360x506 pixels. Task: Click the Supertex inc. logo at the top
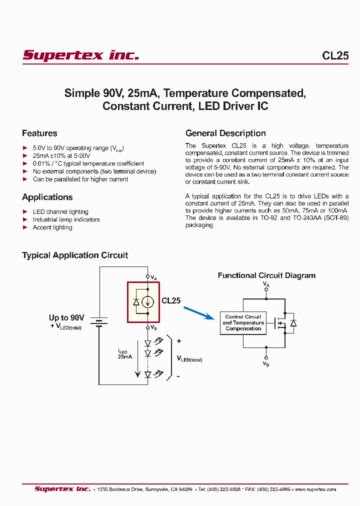pos(80,55)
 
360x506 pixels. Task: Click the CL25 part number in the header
pos(335,56)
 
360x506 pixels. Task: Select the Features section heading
pos(39,133)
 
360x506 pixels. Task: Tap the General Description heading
pos(225,133)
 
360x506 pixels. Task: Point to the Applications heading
pos(47,197)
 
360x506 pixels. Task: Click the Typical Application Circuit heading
pos(75,255)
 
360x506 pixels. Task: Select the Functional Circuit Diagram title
pos(266,275)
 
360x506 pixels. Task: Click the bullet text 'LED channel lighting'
pos(60,212)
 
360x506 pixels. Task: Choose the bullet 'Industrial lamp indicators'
pos(66,219)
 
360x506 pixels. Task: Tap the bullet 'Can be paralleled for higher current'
pos(80,179)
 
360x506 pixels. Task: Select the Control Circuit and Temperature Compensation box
pos(243,323)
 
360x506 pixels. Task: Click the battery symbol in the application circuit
pos(99,322)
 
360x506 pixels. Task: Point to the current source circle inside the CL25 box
pos(147,301)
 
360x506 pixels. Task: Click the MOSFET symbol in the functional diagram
pos(280,323)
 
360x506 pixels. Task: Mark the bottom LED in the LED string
pos(147,374)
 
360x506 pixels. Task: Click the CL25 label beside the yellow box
pos(171,301)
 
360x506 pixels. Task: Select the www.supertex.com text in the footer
pos(315,489)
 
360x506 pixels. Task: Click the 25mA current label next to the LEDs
pos(124,356)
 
